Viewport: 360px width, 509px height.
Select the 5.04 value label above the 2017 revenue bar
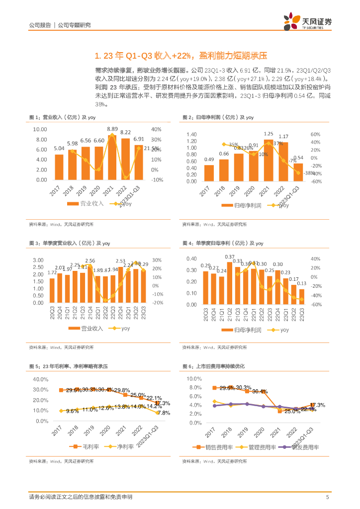pos(59,149)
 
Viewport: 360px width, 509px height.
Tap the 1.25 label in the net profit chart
pos(269,134)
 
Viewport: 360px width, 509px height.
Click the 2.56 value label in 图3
pos(90,260)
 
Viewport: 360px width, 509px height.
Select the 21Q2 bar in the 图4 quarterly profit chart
pos(230,282)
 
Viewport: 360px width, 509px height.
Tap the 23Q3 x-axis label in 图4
pos(301,315)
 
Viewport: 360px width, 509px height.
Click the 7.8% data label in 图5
pos(164,413)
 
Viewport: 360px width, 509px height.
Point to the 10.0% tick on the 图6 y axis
pos(194,379)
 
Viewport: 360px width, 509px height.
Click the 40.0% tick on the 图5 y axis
pos(40,379)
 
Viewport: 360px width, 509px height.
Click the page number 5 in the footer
pos(327,497)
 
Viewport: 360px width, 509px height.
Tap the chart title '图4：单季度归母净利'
pos(223,243)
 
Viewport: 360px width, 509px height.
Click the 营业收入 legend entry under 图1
pos(86,203)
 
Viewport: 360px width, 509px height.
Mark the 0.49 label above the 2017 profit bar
pos(209,159)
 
